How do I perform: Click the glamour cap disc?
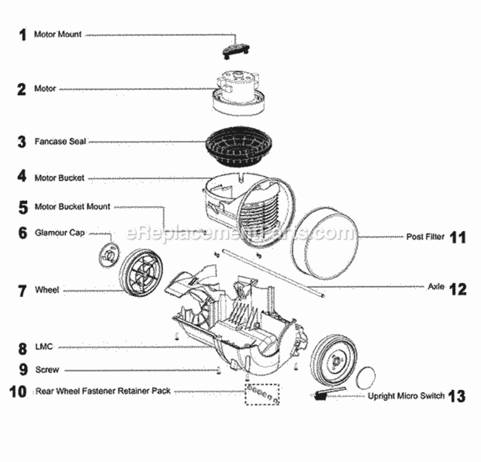109,253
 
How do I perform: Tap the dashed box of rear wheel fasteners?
262,395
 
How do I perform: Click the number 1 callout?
22,35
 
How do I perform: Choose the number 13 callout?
457,395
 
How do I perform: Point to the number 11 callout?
457,237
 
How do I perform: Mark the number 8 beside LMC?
22,349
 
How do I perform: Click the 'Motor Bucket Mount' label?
72,207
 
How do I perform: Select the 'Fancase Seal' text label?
60,142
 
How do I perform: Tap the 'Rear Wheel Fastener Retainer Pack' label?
103,391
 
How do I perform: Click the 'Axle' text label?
435,287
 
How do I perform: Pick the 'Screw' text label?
47,370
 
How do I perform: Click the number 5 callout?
23,207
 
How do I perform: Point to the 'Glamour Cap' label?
60,233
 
